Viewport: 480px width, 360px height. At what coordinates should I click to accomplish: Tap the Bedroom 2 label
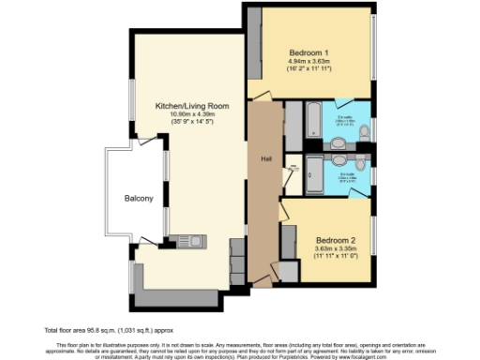click(x=334, y=238)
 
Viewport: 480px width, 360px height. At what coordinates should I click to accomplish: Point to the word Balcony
click(x=139, y=199)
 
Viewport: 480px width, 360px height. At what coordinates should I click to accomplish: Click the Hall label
click(x=266, y=157)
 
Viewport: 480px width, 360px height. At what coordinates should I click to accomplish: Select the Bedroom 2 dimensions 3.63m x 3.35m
click(x=334, y=247)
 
